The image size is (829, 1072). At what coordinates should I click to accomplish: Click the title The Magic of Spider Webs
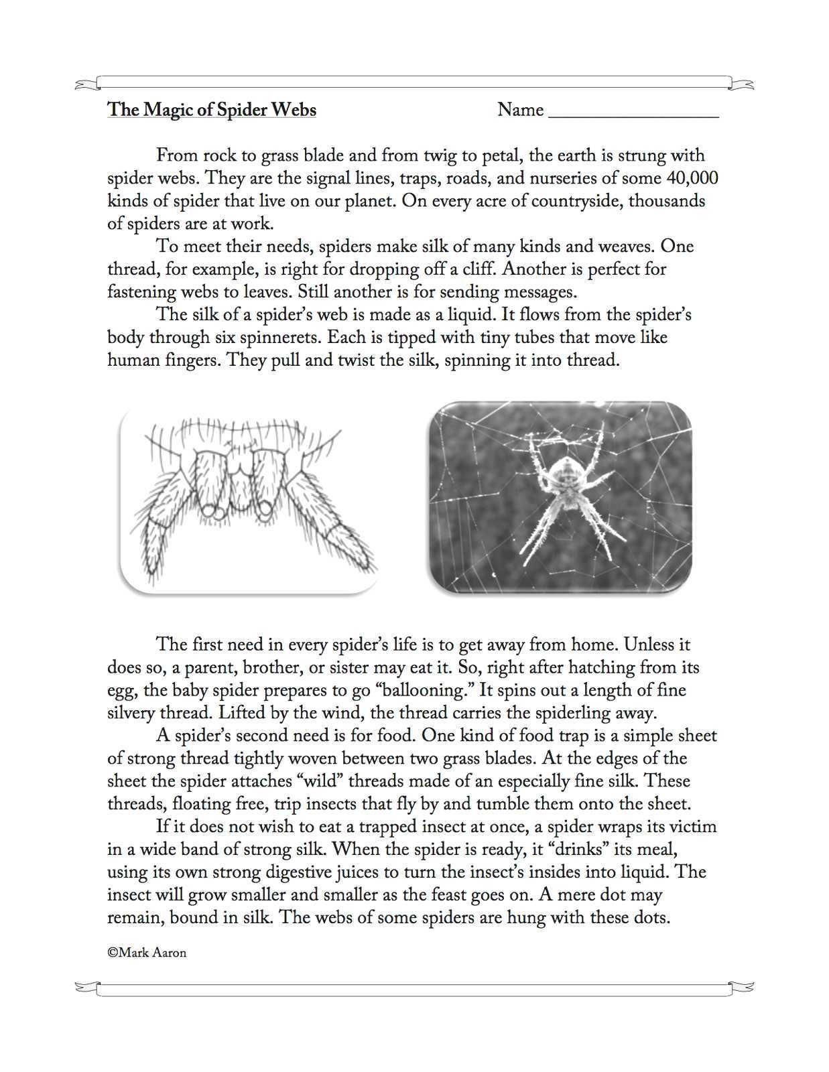coord(211,110)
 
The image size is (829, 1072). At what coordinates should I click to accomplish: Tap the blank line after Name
coord(633,113)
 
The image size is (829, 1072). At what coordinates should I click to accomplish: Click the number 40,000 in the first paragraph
coord(692,178)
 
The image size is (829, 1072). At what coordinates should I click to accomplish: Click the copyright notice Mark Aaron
coord(147,953)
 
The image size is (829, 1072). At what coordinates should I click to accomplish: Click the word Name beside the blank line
coord(520,110)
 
